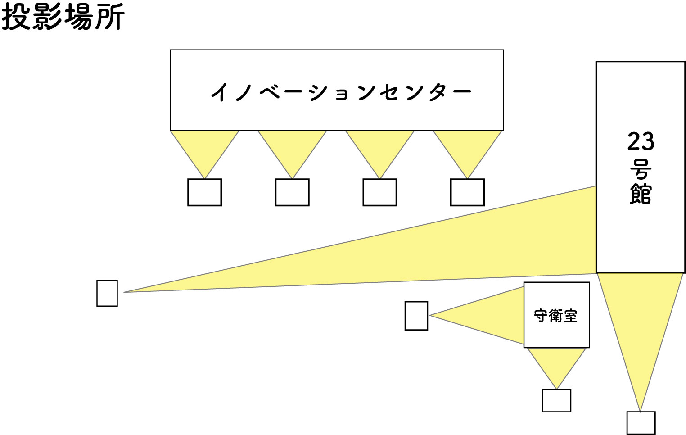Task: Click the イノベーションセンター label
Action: point(341,92)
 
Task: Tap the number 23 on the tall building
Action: point(641,141)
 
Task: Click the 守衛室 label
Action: point(555,316)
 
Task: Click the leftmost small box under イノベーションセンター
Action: point(204,192)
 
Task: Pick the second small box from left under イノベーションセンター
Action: point(292,192)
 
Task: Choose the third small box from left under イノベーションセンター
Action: point(379,192)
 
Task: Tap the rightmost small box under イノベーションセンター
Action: point(467,192)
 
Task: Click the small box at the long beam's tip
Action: point(107,293)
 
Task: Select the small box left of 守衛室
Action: point(416,316)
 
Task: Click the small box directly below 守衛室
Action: point(556,400)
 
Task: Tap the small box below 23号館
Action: point(641,423)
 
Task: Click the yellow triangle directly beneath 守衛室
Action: point(556,362)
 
